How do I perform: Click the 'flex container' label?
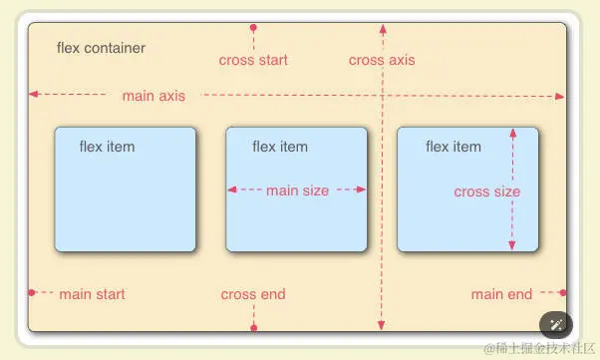tap(101, 48)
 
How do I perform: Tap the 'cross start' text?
tap(253, 60)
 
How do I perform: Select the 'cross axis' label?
tap(382, 60)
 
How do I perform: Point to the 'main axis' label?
tap(153, 96)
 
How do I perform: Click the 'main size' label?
tap(297, 190)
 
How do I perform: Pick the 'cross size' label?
tap(486, 191)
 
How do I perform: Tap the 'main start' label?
tap(92, 294)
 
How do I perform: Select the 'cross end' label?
tap(253, 294)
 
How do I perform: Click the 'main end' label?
tap(501, 294)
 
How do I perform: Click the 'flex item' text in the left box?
tap(107, 147)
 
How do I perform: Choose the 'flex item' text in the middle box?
tap(280, 147)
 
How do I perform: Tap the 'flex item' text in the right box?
tap(453, 147)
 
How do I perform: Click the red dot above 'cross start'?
tap(253, 27)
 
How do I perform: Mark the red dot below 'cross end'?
tap(254, 327)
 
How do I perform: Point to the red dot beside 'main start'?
tap(32, 292)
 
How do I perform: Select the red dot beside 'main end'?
tap(563, 292)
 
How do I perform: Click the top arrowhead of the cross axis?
tap(382, 27)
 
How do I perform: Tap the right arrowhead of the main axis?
tap(560, 96)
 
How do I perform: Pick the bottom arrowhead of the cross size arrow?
tap(512, 245)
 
